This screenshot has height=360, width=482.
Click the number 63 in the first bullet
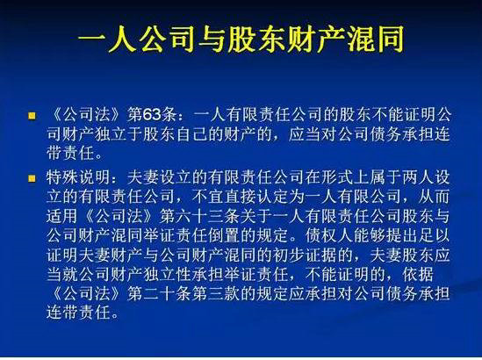click(x=145, y=115)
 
